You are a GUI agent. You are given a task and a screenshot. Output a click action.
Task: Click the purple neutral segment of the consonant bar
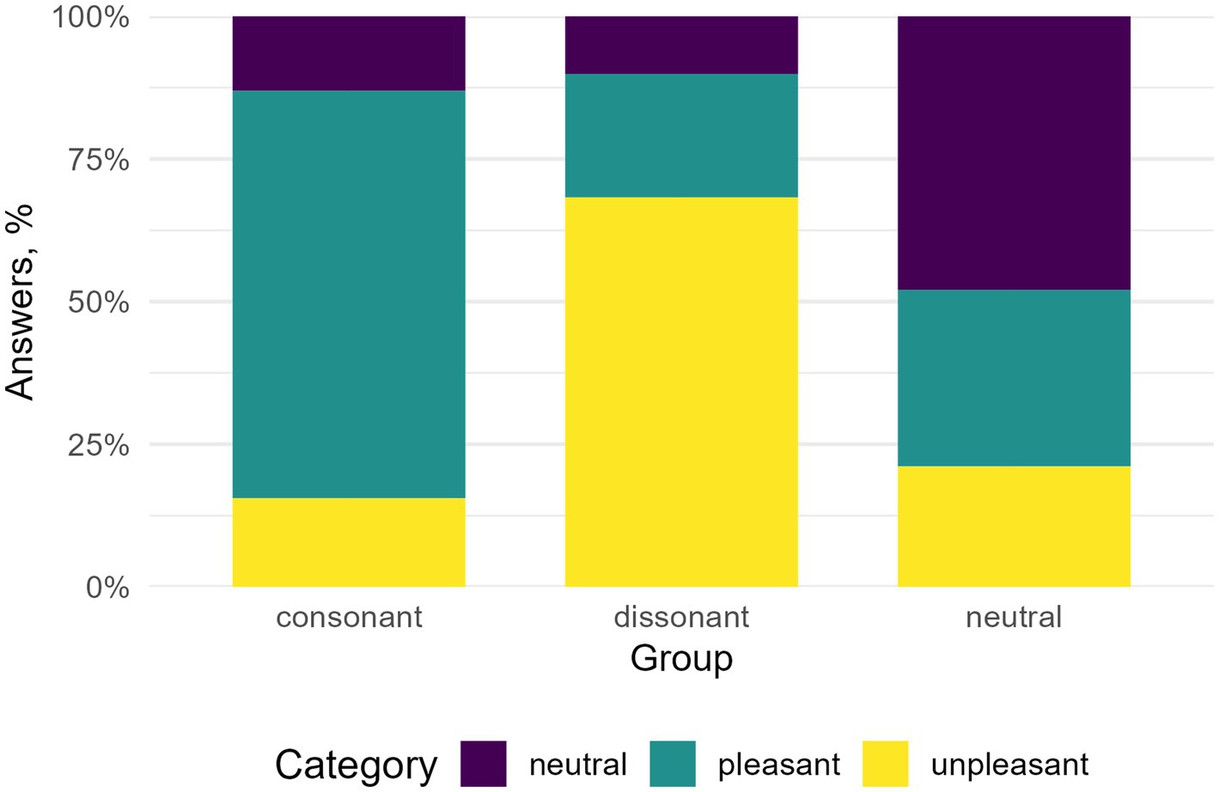point(349,53)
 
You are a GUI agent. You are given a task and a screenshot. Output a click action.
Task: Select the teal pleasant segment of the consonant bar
point(349,294)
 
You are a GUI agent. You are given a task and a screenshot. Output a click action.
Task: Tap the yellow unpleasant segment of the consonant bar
point(349,542)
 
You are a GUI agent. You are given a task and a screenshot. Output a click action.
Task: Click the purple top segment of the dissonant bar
point(681,45)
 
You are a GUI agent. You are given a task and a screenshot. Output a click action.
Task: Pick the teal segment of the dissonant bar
point(681,136)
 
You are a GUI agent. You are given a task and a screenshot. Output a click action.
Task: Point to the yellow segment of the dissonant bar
point(681,392)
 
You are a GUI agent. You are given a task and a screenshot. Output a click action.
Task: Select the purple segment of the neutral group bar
point(1014,153)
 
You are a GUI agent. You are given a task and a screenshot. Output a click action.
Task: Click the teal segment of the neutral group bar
point(1014,378)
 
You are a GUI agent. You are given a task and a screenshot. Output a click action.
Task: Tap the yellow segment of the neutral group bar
point(1014,527)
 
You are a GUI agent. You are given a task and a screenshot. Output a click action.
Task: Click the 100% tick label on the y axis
point(91,17)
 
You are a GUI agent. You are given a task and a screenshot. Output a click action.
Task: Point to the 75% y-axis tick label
point(98,160)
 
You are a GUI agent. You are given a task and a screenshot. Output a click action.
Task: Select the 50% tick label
point(98,302)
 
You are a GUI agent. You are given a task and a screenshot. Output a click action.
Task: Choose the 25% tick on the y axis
point(98,445)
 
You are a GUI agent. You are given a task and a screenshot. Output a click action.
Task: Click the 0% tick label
point(107,588)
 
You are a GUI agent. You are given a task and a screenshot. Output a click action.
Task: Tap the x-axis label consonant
point(349,617)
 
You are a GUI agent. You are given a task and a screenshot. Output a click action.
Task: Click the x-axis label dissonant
point(681,617)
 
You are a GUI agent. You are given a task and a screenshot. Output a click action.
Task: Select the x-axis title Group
point(681,659)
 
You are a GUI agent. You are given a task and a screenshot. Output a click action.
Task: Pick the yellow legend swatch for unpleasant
point(885,764)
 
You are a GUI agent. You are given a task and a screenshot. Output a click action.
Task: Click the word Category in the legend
point(356,764)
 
